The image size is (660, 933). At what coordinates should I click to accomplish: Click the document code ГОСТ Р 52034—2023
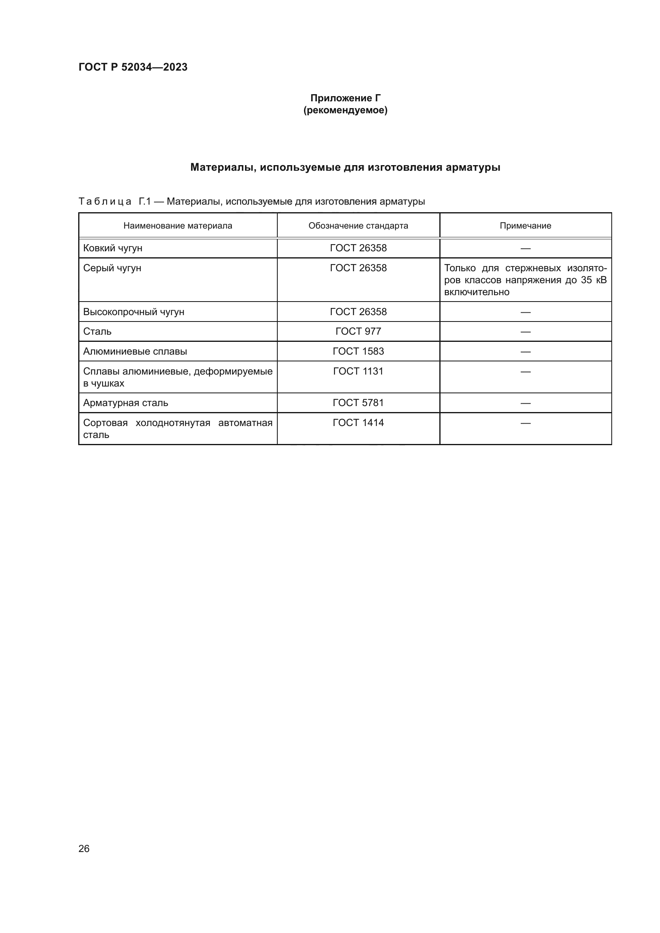(x=133, y=67)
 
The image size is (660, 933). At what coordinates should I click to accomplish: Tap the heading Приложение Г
(x=345, y=98)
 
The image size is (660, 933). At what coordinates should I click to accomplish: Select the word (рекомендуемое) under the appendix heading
(x=345, y=110)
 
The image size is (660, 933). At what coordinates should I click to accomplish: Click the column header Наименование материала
(x=178, y=225)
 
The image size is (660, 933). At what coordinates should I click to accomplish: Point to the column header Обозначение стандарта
(x=358, y=225)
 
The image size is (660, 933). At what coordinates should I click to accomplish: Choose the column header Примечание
(x=525, y=225)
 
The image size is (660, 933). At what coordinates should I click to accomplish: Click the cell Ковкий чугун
(x=113, y=248)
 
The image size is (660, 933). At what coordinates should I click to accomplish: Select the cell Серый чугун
(x=112, y=268)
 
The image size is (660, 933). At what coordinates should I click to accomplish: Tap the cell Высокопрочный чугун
(x=134, y=312)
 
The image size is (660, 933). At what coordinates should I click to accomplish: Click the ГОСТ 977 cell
(x=358, y=331)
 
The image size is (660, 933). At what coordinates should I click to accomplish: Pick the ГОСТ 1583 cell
(x=358, y=351)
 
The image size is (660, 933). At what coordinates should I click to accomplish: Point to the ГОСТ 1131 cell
(x=358, y=371)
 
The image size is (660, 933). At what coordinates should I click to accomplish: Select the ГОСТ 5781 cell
(x=358, y=403)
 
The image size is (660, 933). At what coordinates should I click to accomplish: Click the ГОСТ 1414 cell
(x=358, y=422)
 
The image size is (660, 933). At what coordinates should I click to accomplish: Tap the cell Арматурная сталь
(x=126, y=403)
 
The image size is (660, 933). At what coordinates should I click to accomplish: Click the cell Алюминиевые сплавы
(x=135, y=351)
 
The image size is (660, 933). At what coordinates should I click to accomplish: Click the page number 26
(x=84, y=848)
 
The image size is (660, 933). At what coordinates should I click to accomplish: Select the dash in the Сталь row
(x=525, y=331)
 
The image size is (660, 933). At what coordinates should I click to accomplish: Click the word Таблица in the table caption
(x=105, y=201)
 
